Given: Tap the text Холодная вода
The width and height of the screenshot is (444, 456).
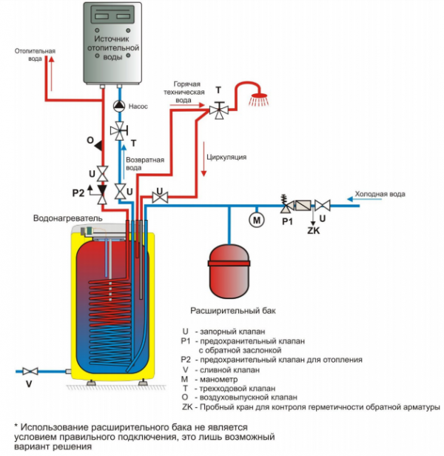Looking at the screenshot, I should coord(380,194).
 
